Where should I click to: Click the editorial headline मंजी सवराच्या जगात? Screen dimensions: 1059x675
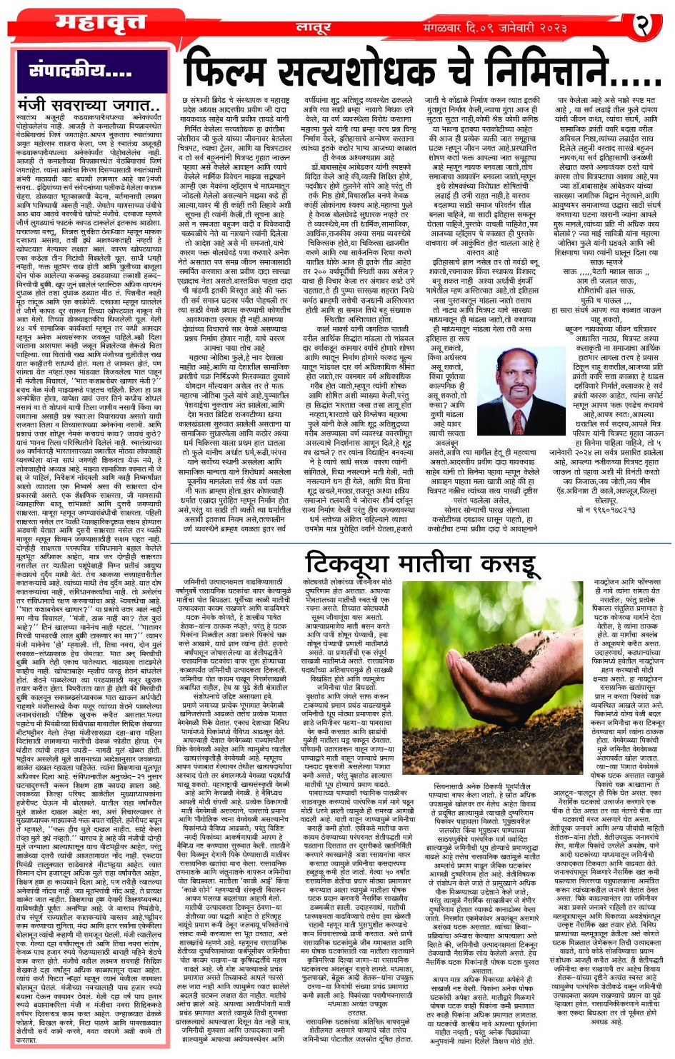[89, 105]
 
